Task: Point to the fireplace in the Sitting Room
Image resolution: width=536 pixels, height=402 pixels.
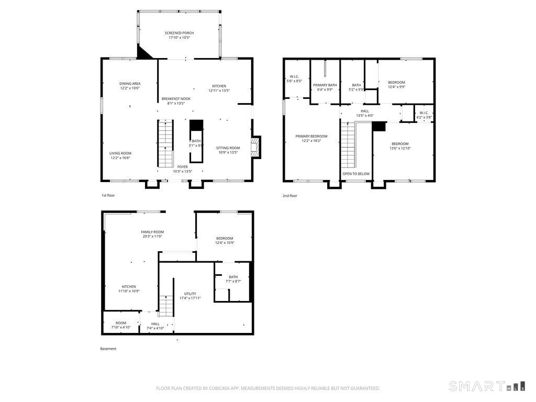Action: point(255,147)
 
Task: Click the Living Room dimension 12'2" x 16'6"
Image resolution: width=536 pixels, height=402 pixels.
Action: point(120,158)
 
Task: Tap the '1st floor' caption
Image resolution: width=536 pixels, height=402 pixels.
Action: point(108,195)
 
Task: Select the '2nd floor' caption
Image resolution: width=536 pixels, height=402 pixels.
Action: point(289,195)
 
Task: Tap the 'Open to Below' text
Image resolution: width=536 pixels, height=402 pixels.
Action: point(356,174)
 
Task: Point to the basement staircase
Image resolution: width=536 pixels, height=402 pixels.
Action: point(166,306)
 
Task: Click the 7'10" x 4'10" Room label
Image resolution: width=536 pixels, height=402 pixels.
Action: point(121,326)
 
